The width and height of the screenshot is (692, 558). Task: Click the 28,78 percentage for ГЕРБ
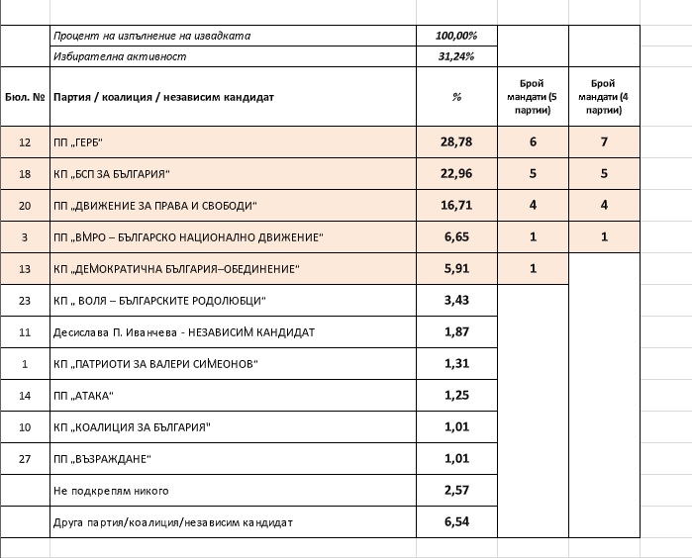pos(456,142)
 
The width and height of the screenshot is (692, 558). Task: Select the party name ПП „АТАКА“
pos(84,396)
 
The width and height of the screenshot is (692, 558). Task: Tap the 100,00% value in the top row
pos(456,36)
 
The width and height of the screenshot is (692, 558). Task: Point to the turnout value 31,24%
pos(456,56)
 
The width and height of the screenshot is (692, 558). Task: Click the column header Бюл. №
pos(25,98)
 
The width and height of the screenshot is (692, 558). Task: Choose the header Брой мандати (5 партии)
pos(533,97)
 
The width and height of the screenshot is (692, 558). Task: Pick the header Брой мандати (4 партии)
pos(603,97)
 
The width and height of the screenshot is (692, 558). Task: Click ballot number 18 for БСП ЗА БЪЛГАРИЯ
pos(25,174)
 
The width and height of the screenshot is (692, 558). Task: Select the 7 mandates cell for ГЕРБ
pos(603,142)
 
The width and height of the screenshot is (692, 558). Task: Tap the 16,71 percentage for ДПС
pos(456,206)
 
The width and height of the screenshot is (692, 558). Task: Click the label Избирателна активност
pos(120,56)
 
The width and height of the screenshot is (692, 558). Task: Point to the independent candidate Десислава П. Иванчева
pos(184,332)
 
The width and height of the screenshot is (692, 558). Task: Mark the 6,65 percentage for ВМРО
pos(456,237)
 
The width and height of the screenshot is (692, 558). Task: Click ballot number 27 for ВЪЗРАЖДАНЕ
pos(25,459)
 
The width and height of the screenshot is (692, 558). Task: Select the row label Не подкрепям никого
pos(111,491)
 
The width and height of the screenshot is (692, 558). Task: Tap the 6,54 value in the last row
pos(456,521)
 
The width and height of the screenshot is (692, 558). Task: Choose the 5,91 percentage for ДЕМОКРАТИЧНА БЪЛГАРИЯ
pos(456,269)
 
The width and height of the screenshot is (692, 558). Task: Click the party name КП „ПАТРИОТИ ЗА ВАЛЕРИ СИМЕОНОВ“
pos(155,364)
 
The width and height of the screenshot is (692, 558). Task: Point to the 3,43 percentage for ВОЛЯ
pos(456,301)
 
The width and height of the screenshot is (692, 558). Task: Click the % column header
pos(456,98)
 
